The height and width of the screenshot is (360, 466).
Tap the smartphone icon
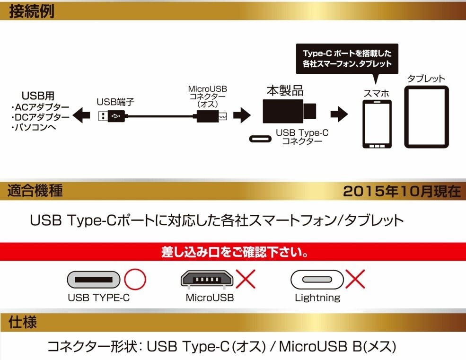tap(377, 124)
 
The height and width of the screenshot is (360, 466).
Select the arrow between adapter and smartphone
tap(339, 114)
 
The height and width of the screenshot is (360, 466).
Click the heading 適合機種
tap(35, 191)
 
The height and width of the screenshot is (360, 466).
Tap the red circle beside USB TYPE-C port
tap(135, 280)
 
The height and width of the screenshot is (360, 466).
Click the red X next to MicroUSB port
tap(246, 280)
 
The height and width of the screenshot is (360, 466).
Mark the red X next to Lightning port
tap(355, 280)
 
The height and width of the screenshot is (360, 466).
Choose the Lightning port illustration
tap(317, 280)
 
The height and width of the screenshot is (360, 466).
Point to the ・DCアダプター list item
tap(40, 117)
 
